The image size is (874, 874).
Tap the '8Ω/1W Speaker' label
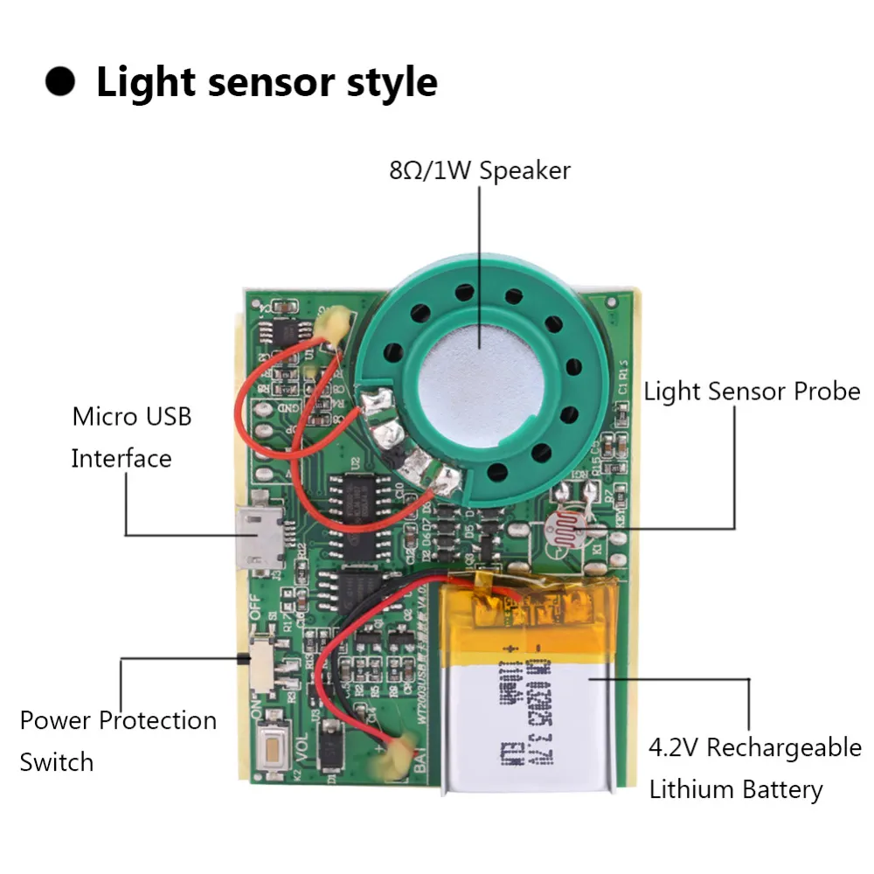coord(479,170)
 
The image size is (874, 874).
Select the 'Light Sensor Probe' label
coord(752,392)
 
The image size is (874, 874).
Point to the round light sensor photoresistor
coord(561,530)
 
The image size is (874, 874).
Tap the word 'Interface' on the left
coord(121,458)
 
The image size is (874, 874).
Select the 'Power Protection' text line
coord(118,721)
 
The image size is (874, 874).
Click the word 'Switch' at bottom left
coord(56,761)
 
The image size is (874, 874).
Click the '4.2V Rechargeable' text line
coord(754,748)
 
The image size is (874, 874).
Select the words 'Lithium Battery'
coord(735,790)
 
